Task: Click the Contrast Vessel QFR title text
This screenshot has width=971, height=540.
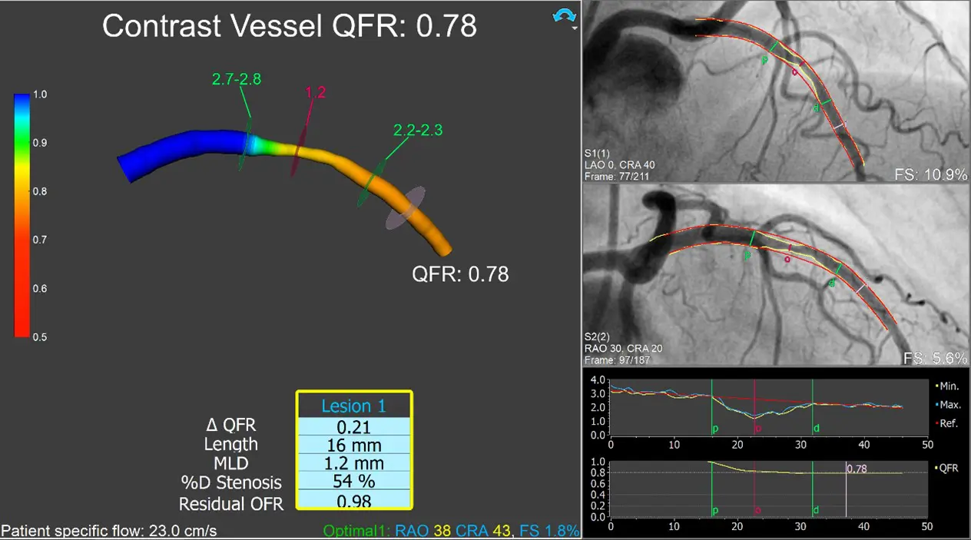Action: [x=290, y=26]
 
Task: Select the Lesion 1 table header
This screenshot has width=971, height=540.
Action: [x=354, y=406]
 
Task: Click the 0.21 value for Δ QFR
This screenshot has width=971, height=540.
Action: [x=354, y=426]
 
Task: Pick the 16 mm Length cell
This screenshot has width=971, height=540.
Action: [x=354, y=445]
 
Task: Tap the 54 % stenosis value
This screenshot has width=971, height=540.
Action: [x=354, y=483]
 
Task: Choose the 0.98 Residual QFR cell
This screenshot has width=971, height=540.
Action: [x=354, y=502]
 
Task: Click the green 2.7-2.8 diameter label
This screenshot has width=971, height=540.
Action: [x=237, y=79]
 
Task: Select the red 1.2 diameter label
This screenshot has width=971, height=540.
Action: [x=316, y=93]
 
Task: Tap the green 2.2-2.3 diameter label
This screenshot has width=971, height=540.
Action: [x=418, y=131]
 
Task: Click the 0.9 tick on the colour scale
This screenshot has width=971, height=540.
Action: [x=39, y=143]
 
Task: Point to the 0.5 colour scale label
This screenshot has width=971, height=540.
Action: [x=39, y=337]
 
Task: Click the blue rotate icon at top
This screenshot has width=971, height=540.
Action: [x=564, y=16]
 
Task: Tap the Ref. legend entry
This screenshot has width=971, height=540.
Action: [x=948, y=423]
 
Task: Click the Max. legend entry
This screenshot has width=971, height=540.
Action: [x=949, y=403]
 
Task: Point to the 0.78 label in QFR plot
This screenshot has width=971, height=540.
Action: [x=857, y=467]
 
